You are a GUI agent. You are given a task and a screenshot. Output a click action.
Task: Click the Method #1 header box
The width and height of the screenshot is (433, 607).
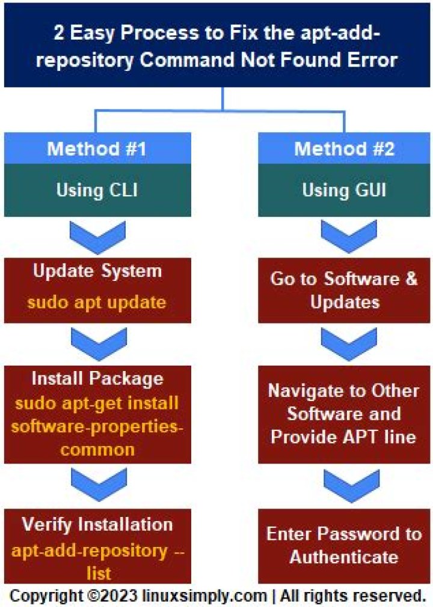tap(97, 148)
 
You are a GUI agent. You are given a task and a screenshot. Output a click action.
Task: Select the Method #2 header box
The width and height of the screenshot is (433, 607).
tap(344, 148)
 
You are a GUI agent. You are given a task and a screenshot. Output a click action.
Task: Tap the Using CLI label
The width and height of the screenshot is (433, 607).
tap(97, 190)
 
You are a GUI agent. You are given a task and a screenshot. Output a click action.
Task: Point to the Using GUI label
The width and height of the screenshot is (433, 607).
tap(344, 190)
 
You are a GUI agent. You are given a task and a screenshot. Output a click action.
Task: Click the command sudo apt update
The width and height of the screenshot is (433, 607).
tap(97, 303)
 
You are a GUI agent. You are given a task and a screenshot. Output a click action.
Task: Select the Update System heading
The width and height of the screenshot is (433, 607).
tap(97, 271)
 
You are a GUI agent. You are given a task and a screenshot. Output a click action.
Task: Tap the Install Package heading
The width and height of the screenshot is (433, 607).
tap(97, 379)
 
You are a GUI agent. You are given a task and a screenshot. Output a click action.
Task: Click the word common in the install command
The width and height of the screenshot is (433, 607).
tap(97, 450)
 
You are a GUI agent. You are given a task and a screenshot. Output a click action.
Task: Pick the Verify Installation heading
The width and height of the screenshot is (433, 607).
tap(97, 525)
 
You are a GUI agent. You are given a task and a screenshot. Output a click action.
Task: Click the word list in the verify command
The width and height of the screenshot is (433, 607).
tap(99, 573)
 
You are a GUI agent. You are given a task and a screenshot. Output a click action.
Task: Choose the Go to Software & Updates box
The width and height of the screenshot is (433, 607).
tap(344, 291)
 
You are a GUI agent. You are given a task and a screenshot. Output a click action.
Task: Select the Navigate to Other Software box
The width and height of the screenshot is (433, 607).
tap(344, 415)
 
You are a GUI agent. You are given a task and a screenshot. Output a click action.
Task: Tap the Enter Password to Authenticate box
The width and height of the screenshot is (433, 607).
tap(344, 546)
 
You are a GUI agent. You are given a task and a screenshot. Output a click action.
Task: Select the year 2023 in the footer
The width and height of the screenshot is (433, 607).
tap(120, 596)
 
